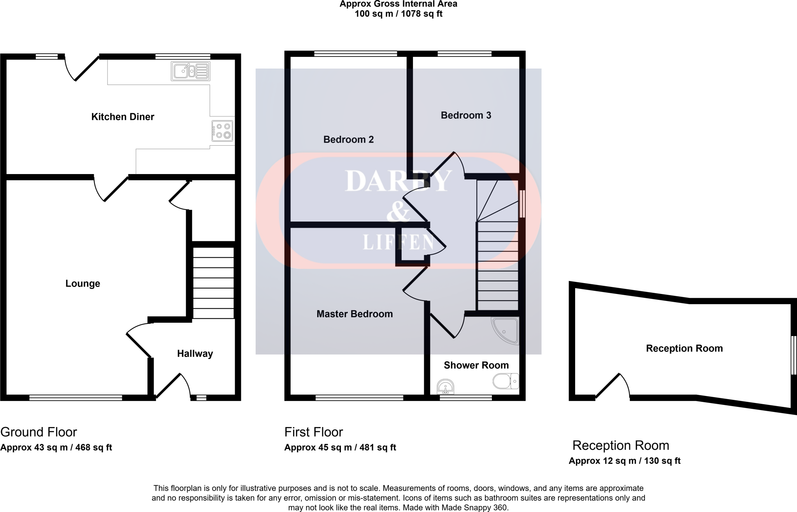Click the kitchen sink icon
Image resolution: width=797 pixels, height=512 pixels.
190,71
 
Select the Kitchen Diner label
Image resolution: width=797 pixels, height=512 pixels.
123,117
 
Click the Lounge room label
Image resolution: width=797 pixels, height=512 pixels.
83,283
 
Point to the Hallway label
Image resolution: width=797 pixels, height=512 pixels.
195,354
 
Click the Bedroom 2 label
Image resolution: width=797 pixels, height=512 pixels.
348,139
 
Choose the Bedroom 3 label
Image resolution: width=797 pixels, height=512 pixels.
466,115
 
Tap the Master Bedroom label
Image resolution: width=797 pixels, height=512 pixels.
355,314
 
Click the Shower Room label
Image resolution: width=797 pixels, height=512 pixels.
476,365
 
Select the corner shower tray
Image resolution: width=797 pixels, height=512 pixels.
506,331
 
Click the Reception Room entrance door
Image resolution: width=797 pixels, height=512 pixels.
612,386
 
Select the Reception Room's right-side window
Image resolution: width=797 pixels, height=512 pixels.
793,355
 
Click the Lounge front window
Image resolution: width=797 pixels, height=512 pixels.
75,398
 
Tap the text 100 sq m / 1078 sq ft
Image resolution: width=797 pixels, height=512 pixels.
398,14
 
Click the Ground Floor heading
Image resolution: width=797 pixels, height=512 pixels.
39,432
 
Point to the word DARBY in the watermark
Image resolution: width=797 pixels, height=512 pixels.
398,181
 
